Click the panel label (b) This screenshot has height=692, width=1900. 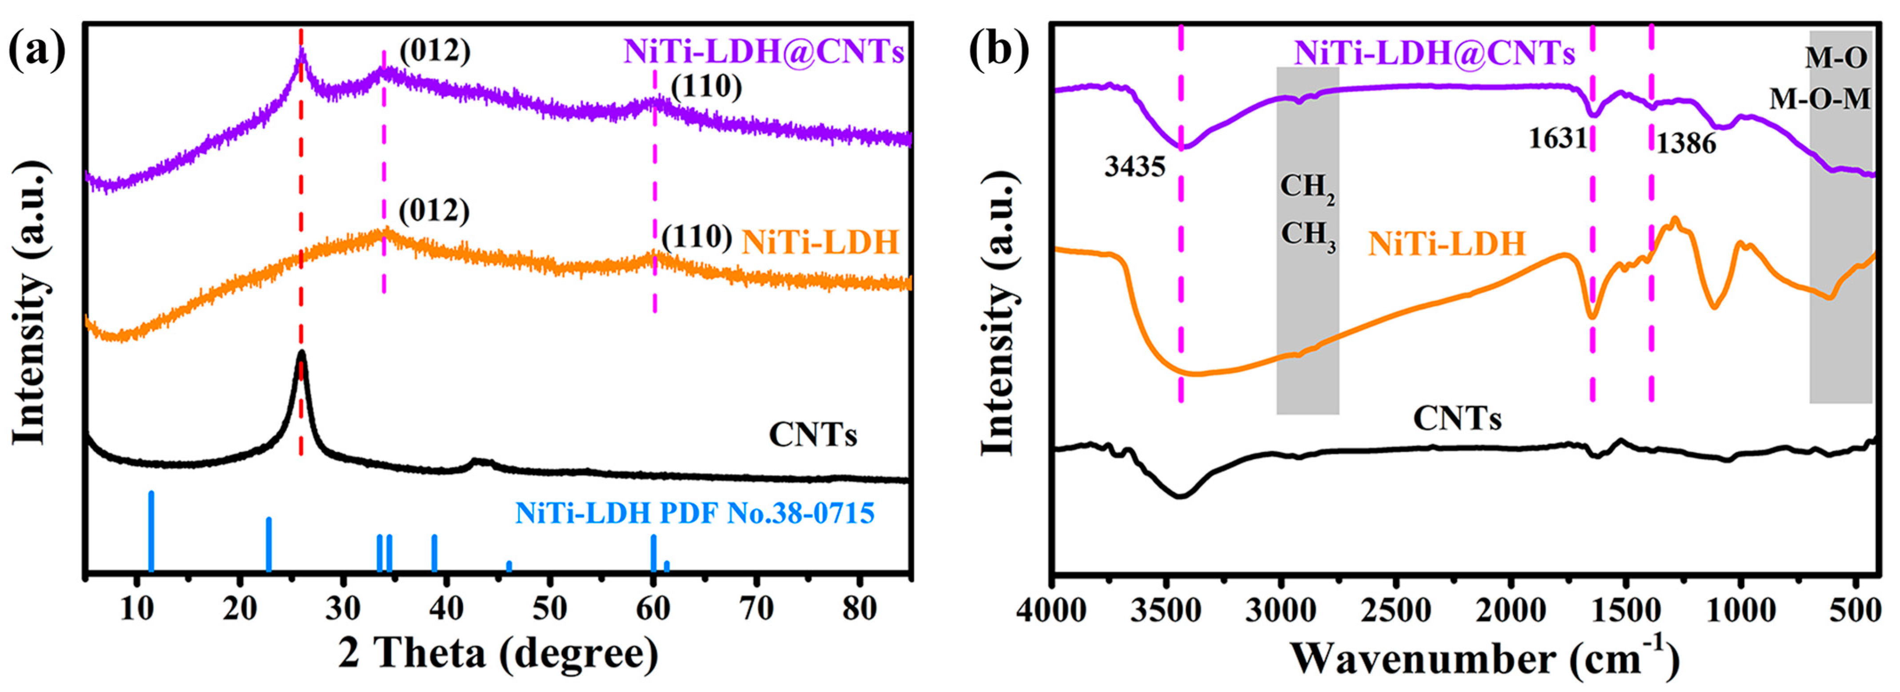[999, 52]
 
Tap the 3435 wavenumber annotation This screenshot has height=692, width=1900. [1134, 167]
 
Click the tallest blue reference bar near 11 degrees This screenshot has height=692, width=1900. [151, 531]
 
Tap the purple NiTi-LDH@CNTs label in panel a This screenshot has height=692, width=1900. [763, 52]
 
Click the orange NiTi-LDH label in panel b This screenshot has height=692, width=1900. [1447, 243]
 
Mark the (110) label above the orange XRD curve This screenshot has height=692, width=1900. [696, 237]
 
